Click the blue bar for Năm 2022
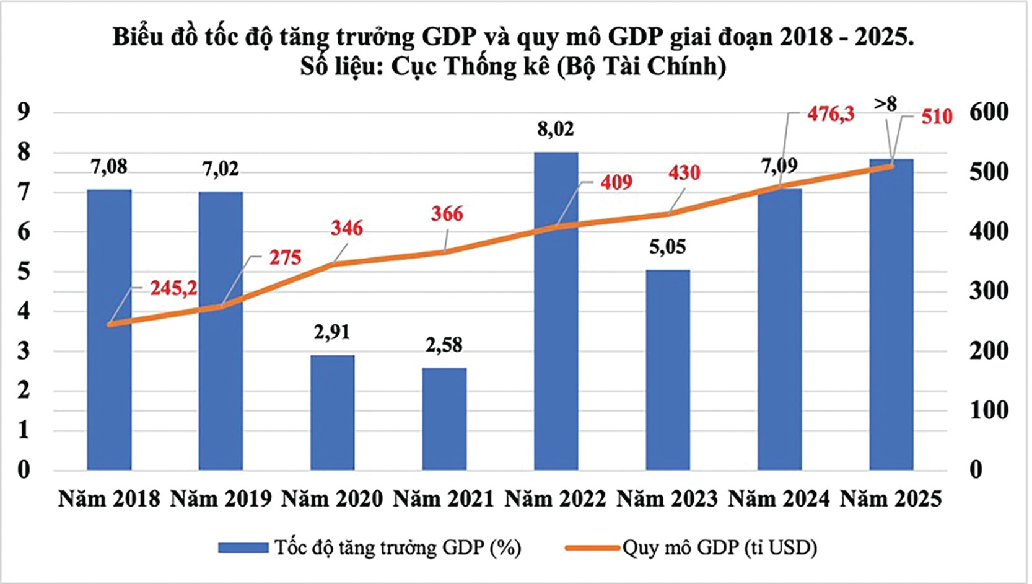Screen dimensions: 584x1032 coord(556,310)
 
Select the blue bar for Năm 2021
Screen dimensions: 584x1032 coord(444,418)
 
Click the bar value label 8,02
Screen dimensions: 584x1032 coord(556,129)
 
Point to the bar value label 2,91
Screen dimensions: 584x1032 coord(332,332)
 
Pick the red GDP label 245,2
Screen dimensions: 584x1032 coord(173,288)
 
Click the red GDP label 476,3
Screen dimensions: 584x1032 coord(830,113)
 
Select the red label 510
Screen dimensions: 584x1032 coord(936,117)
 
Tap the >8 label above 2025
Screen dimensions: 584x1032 coord(885,104)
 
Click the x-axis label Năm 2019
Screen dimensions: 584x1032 coord(221,498)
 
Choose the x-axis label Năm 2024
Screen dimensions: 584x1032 coord(779,498)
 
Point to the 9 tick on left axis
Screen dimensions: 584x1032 coord(24,112)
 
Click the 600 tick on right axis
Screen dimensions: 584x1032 coord(989,112)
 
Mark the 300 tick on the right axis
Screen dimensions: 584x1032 coord(989,291)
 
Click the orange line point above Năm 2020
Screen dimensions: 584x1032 coord(333,264)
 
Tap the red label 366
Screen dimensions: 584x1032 coord(447,214)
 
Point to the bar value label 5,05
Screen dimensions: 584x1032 coord(667,247)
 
